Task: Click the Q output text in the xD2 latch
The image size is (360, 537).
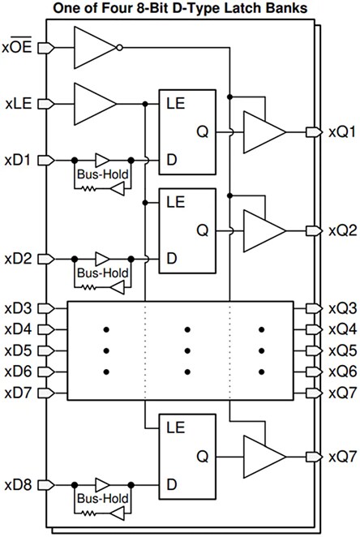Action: click(201, 230)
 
